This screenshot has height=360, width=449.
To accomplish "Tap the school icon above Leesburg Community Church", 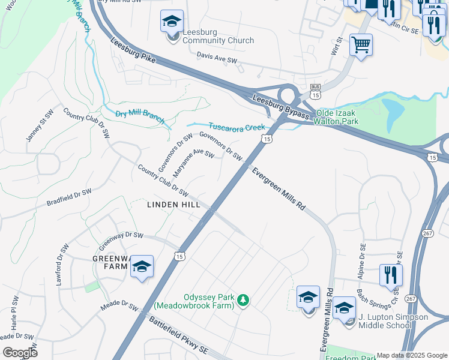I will click(172, 22).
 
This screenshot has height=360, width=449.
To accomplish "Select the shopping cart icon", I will click(361, 44).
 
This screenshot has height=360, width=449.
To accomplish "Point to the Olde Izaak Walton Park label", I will click(349, 117).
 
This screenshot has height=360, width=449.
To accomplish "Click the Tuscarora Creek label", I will click(237, 127).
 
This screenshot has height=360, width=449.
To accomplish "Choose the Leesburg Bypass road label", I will click(281, 107).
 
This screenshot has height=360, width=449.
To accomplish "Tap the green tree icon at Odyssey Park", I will click(243, 299).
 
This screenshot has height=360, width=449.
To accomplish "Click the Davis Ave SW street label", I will click(217, 60).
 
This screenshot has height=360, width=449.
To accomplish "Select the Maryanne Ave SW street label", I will click(193, 163).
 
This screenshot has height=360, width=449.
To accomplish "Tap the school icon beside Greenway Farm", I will click(142, 267).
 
